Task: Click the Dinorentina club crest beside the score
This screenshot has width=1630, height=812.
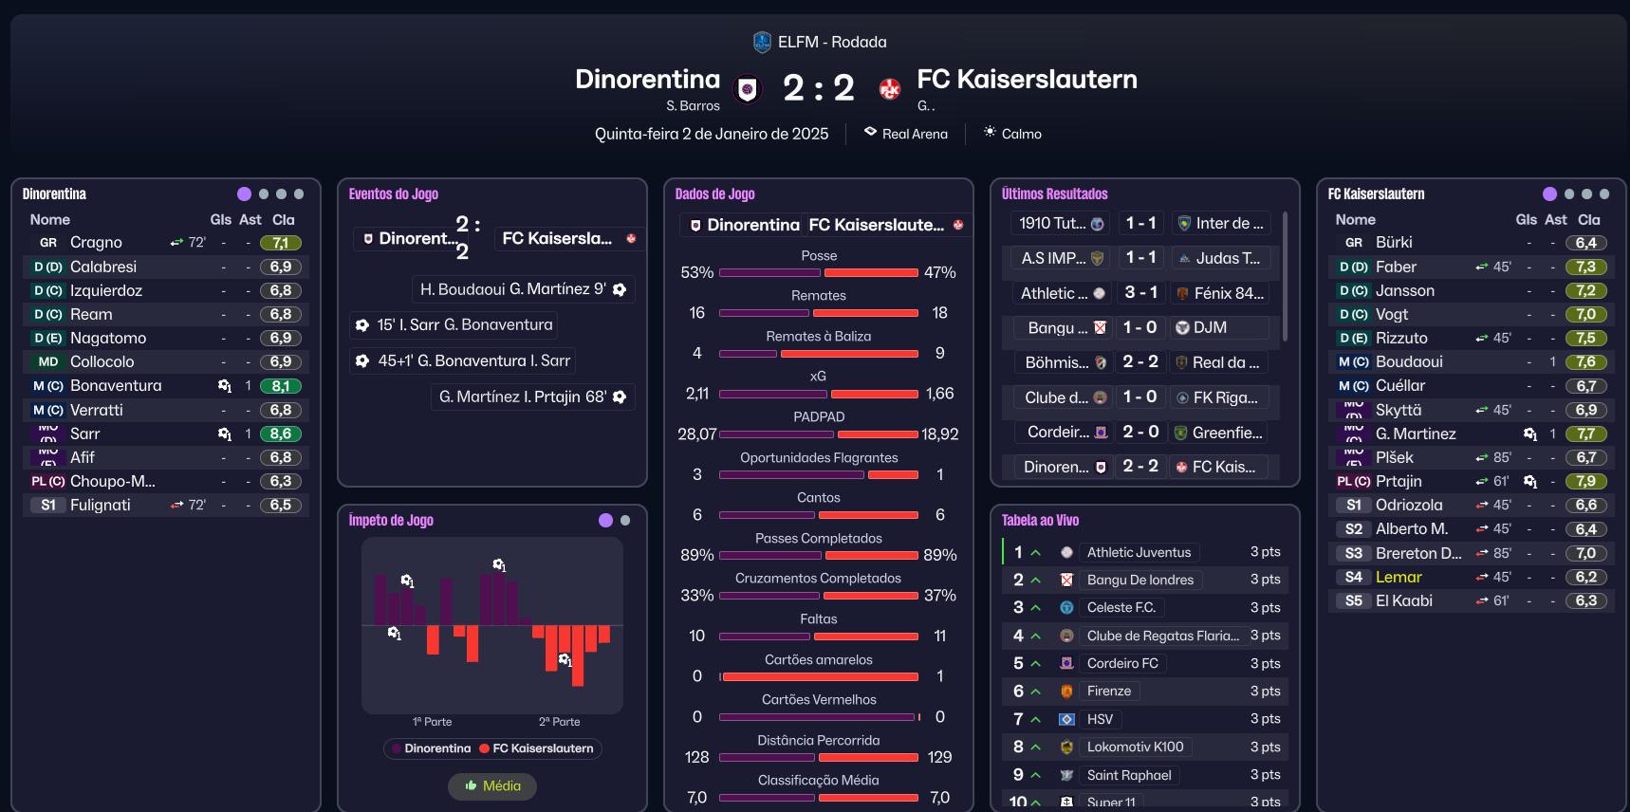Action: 748,89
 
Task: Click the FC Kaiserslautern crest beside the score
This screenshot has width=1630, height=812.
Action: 889,89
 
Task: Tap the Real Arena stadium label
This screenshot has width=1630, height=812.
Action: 915,134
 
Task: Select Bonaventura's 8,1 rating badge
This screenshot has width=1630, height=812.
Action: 281,386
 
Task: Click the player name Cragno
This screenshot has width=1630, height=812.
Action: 96,243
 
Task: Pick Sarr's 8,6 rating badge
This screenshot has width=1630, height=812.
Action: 281,434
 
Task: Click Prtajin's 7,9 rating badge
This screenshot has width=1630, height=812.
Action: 1586,481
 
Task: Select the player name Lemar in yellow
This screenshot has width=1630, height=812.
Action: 1398,577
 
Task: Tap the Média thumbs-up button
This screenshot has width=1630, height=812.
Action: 492,785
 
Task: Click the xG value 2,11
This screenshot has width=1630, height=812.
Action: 697,394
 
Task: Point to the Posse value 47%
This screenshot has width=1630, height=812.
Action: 939,272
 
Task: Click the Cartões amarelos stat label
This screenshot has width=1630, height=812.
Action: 818,659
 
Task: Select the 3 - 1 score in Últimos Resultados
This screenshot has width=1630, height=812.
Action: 1140,293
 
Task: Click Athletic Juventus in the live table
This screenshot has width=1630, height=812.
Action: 1139,552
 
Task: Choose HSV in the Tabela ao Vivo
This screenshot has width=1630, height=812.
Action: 1100,719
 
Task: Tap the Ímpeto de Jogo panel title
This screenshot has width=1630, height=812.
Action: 391,520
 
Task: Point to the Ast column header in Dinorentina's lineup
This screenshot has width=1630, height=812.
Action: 250,219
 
